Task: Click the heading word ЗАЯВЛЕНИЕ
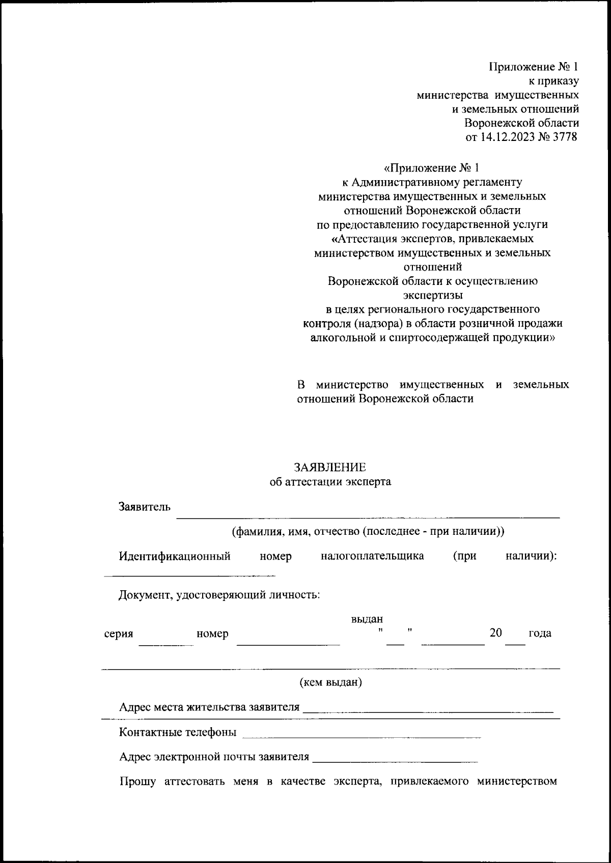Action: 329,467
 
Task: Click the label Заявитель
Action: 145,507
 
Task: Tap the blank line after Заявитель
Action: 368,516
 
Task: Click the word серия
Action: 119,634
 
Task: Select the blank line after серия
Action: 166,644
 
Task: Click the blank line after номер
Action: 288,644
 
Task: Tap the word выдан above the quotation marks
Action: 367,619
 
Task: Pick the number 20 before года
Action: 495,632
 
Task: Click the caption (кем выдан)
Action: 330,682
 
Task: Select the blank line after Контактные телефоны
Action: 362,736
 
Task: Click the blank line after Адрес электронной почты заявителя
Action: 395,761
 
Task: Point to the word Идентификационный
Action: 175,556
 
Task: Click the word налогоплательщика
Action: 372,556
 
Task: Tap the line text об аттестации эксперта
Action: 330,481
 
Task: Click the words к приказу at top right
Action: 553,80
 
